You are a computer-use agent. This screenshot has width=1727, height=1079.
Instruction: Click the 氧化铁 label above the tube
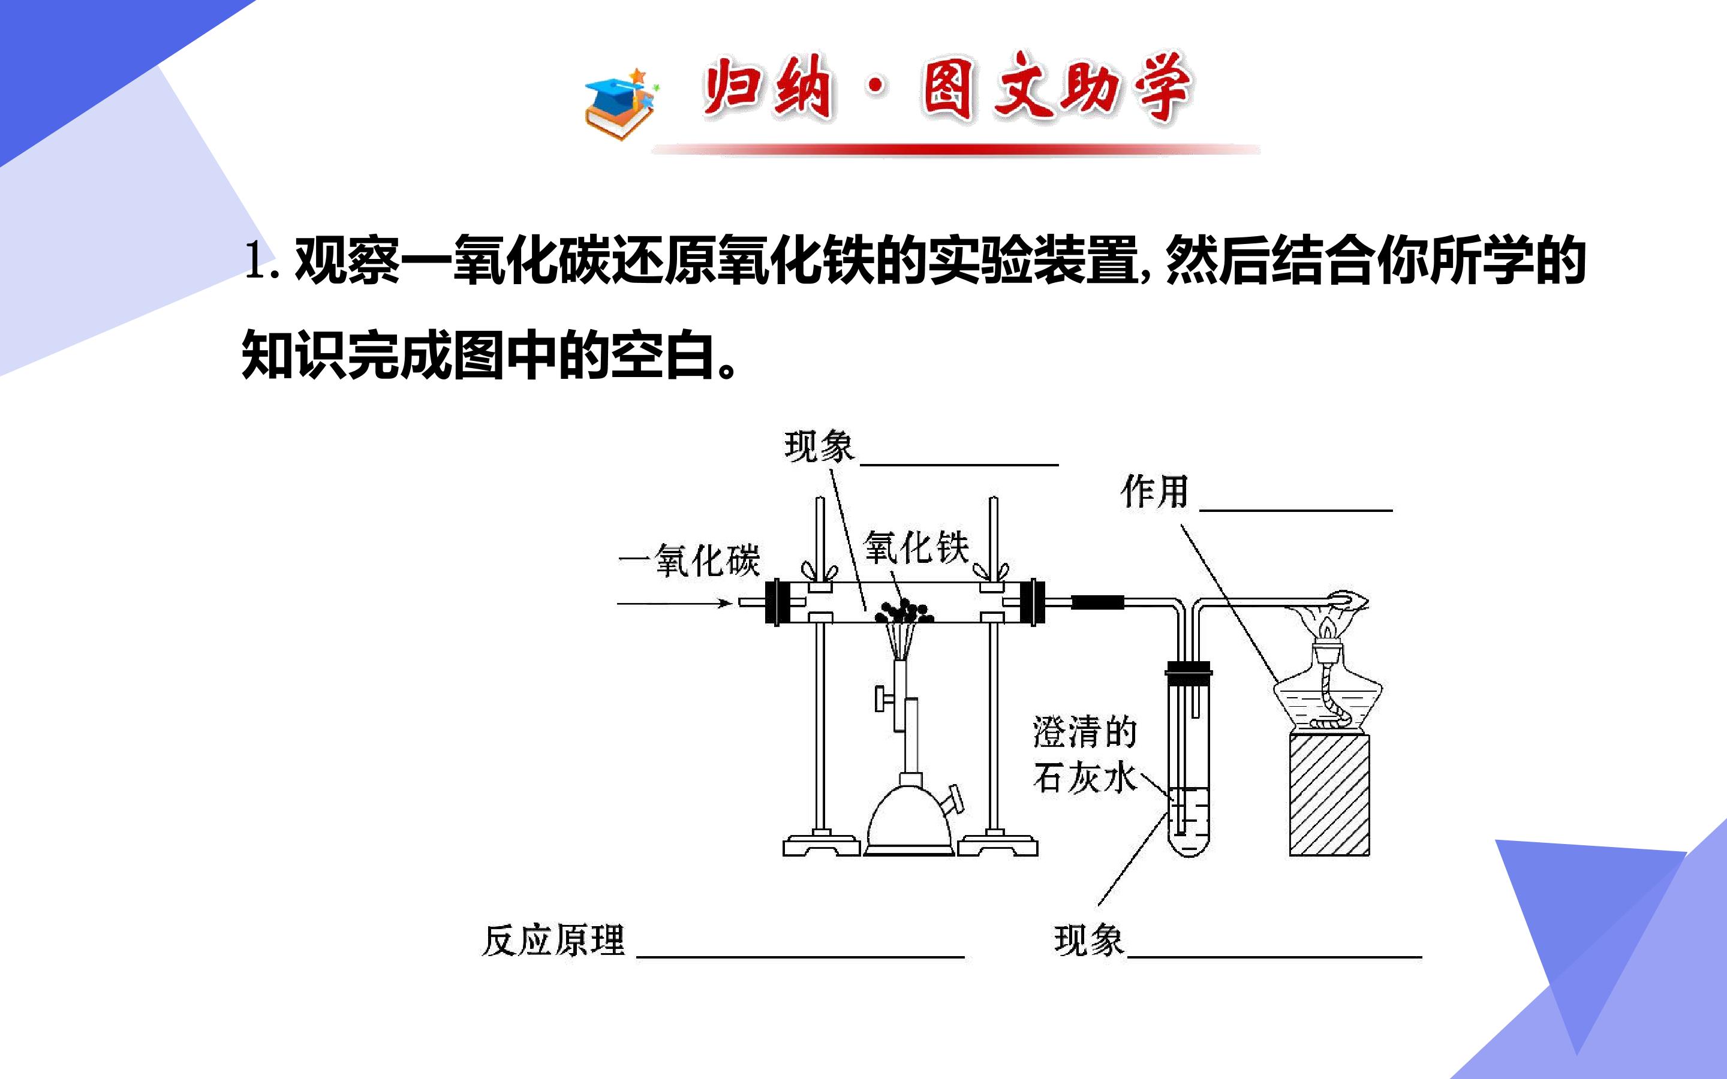916,548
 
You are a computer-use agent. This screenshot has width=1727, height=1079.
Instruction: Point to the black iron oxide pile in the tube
904,611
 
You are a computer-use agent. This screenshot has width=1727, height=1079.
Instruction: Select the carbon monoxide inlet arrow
675,604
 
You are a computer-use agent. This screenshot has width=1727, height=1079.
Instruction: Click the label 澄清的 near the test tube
1084,732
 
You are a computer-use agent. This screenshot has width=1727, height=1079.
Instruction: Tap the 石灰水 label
1084,777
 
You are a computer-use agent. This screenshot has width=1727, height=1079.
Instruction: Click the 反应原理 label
554,941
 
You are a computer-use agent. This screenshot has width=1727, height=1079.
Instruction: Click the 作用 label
1154,492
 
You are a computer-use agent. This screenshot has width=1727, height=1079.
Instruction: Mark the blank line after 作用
1296,510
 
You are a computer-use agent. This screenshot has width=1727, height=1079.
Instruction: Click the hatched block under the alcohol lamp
1329,794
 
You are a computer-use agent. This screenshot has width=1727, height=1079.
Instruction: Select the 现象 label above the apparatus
819,447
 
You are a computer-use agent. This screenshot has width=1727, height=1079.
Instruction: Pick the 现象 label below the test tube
1089,941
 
